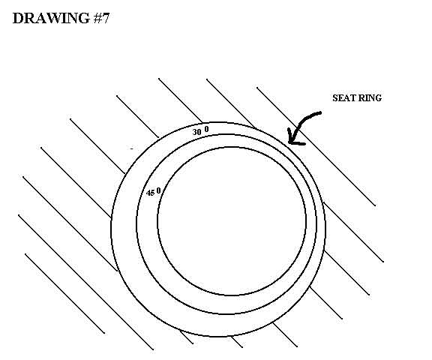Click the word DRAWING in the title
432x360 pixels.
pyautogui.click(x=51, y=19)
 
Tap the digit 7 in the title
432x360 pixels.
pyautogui.click(x=106, y=19)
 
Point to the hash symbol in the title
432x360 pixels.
pyautogui.click(x=97, y=19)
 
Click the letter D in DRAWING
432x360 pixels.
pyautogui.click(x=18, y=19)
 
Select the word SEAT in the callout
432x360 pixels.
pyautogui.click(x=343, y=98)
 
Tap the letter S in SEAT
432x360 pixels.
pyautogui.click(x=334, y=98)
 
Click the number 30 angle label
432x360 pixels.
pyautogui.click(x=196, y=132)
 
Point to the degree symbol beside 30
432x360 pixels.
pyautogui.click(x=207, y=129)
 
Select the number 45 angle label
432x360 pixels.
pyautogui.click(x=151, y=193)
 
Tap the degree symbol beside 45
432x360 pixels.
pyautogui.click(x=158, y=190)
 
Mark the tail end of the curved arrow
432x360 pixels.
pyautogui.click(x=320, y=112)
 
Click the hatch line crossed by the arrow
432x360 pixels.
pyautogui.click(x=316, y=146)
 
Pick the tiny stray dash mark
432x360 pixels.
pyautogui.click(x=132, y=148)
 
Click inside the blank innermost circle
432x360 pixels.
pyautogui.click(x=232, y=221)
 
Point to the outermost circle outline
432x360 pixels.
pyautogui.click(x=111, y=229)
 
